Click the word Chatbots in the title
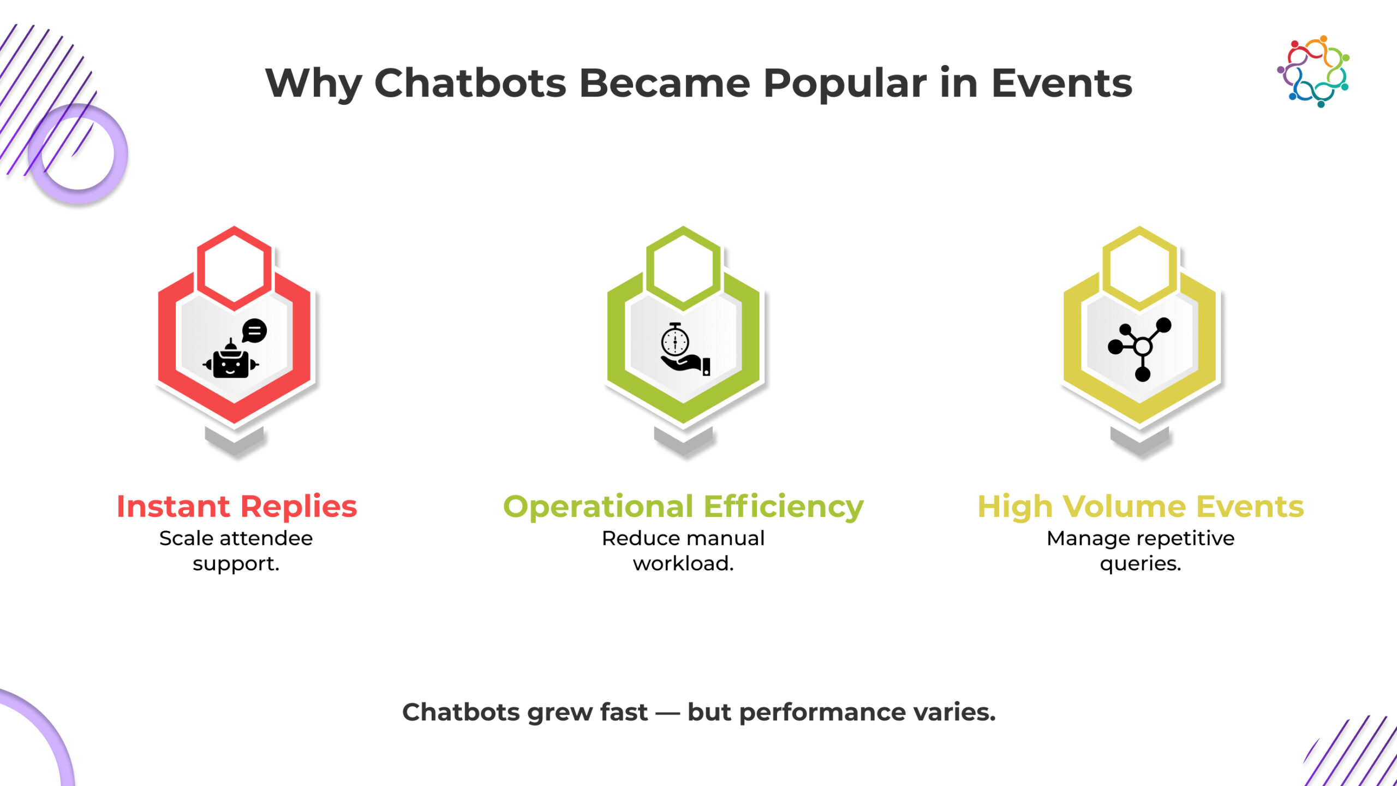coord(470,84)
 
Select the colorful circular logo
coord(1314,72)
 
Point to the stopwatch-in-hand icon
coord(685,349)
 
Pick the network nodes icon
coord(1139,349)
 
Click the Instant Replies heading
coord(237,506)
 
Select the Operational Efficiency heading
coord(683,507)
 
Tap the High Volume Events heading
coord(1141,507)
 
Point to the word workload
coord(683,563)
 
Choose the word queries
coord(1141,564)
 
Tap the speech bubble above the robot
coord(254,331)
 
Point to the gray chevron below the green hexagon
coord(683,441)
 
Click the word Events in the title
coord(1061,84)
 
